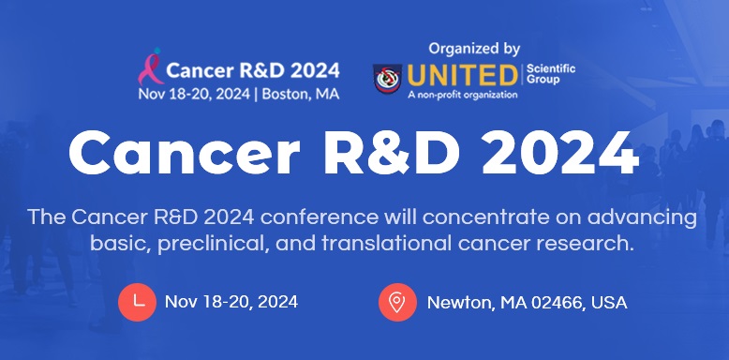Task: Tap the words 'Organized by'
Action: (474, 48)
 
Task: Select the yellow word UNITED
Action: (463, 75)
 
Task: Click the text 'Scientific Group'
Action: (551, 74)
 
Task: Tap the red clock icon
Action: (138, 302)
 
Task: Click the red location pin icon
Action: (397, 302)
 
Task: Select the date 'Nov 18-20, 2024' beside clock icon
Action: (231, 302)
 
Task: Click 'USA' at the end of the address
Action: (609, 303)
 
